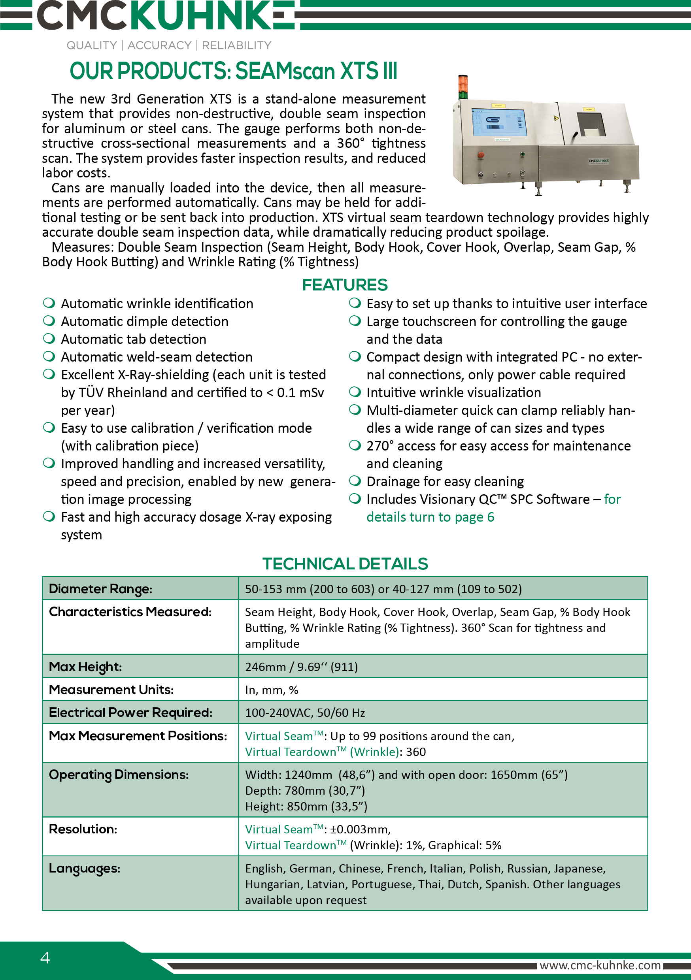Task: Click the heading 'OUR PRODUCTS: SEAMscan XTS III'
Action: (x=233, y=71)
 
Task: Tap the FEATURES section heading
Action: (x=345, y=285)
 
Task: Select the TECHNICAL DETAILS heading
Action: (x=345, y=564)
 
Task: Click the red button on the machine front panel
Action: (x=481, y=155)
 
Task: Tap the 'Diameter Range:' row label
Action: (x=100, y=589)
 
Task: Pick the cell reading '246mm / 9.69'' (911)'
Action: (x=301, y=667)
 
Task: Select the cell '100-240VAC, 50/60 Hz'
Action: (x=305, y=713)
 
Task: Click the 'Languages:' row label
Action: (x=85, y=868)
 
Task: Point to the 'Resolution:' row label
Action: (x=83, y=829)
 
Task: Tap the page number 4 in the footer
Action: (x=45, y=958)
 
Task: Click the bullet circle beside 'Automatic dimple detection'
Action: (x=49, y=320)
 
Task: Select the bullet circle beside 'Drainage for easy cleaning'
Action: (x=355, y=481)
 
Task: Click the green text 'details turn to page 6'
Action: (x=430, y=517)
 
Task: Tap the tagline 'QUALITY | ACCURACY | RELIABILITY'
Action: (x=169, y=45)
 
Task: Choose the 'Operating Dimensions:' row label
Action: (x=119, y=775)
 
